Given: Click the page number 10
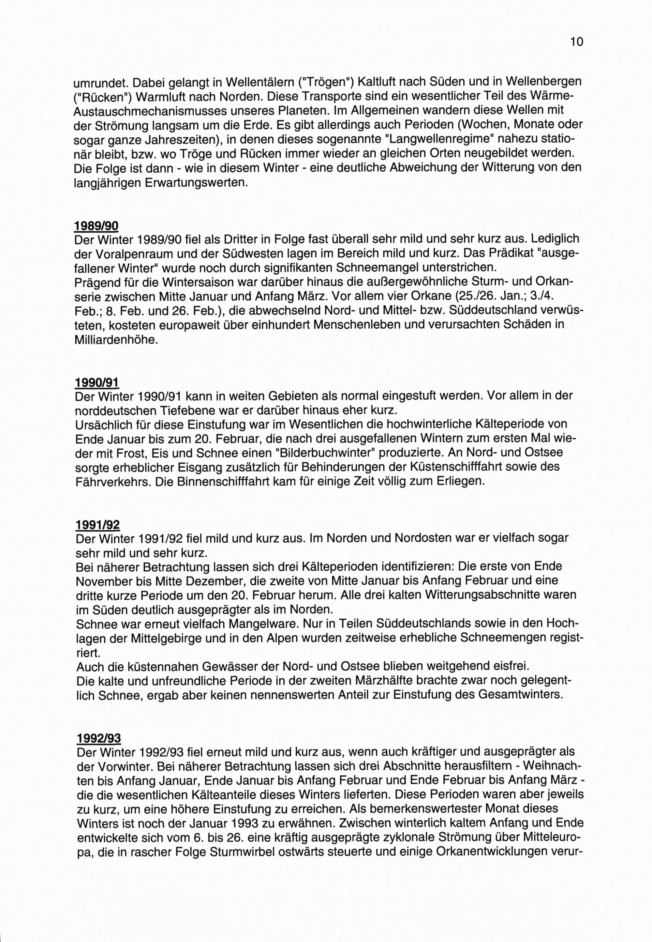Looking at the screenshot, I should (577, 42).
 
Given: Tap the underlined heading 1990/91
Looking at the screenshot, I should (97, 382).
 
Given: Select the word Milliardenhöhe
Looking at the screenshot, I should (116, 340).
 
